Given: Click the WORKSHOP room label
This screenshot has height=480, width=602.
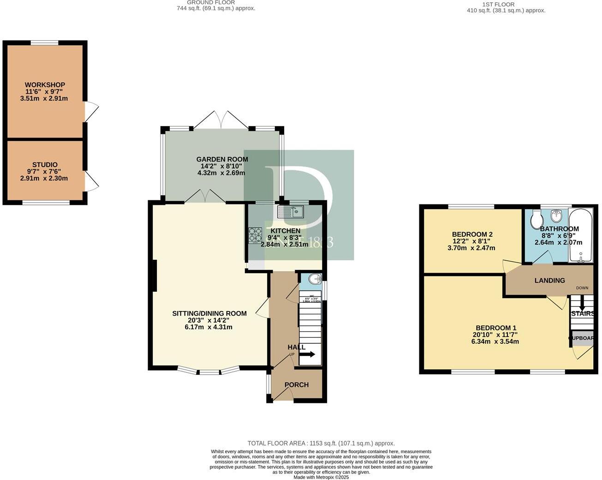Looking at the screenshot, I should click(45, 85).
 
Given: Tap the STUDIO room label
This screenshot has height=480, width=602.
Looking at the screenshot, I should click(45, 165).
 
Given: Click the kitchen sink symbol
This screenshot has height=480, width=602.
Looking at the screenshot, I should click(290, 212).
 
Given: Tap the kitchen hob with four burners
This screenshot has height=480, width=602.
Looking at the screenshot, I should click(256, 234).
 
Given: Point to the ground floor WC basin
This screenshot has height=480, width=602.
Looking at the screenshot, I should click(315, 279).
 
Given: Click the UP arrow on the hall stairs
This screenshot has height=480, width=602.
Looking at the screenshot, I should click(308, 354).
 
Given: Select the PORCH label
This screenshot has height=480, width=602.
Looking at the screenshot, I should click(296, 385).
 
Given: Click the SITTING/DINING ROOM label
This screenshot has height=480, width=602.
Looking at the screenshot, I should click(209, 313).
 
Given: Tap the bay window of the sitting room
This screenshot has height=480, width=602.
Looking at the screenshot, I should click(209, 370).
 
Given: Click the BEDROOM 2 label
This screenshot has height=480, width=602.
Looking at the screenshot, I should click(472, 234).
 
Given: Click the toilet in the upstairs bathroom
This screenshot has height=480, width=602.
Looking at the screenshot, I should click(536, 219).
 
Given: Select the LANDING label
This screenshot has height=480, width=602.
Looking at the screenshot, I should click(549, 281).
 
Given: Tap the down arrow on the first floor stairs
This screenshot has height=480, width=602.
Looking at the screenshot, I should click(582, 304).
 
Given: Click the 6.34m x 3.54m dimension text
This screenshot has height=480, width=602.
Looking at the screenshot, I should click(495, 342).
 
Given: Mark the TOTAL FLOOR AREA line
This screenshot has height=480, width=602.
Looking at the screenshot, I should click(321, 443).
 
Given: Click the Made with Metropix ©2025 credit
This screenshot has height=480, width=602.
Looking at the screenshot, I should click(321, 477).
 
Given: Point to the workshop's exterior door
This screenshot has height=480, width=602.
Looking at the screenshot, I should click(91, 112).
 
